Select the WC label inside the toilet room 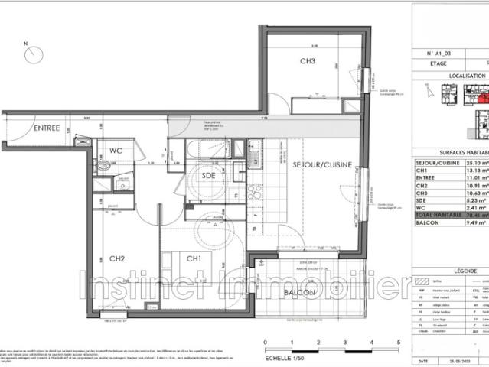click(x=116, y=151)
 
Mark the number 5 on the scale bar click(x=399, y=343)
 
